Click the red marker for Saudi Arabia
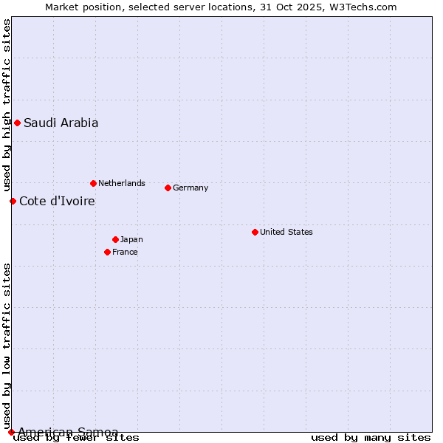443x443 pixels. [17, 123]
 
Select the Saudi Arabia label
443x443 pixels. [61, 123]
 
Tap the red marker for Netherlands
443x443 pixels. [93, 183]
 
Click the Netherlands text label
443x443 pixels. [122, 183]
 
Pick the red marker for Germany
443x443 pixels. [168, 188]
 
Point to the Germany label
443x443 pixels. [190, 188]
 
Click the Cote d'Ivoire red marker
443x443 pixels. [13, 201]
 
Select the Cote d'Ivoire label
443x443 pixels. [57, 201]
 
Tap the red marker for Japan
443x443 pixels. [115, 239]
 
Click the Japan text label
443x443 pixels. [131, 239]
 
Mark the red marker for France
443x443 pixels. [107, 252]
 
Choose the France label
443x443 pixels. [125, 252]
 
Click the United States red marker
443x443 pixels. [255, 232]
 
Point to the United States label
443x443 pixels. [286, 232]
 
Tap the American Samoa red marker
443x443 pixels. [11, 432]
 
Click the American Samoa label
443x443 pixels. [68, 432]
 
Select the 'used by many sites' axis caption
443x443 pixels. [371, 438]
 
